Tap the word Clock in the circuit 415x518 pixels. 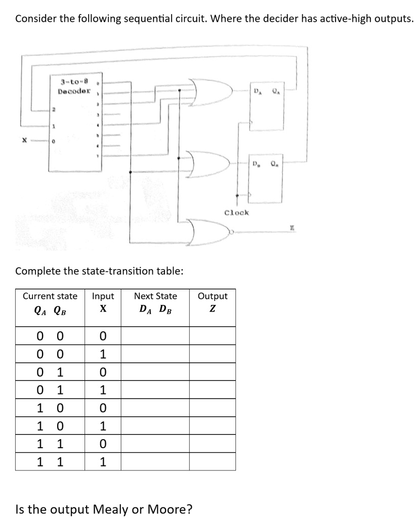[236, 212]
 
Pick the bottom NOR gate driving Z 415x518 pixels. [207, 232]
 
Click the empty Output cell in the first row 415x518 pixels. [213, 335]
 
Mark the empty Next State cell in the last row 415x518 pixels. [155, 461]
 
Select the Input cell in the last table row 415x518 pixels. [103, 461]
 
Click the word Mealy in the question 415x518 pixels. [108, 508]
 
